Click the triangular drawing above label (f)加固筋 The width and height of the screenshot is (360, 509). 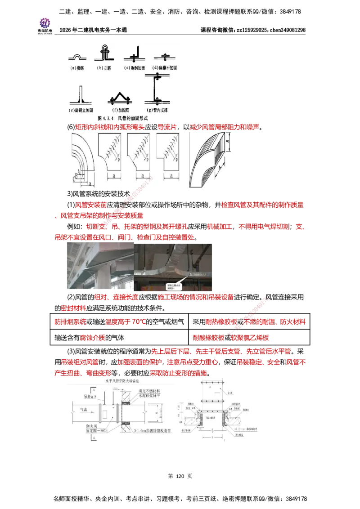119,97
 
